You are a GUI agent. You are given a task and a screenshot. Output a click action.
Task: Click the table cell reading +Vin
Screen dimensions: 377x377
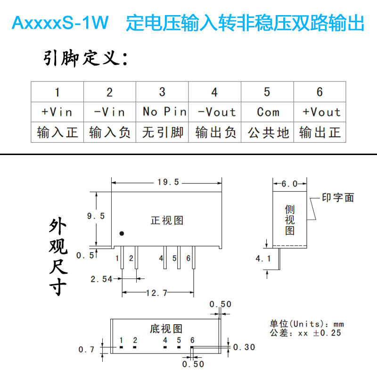coord(57,112)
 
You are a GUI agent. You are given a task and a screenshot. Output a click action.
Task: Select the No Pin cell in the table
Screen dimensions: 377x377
coord(162,112)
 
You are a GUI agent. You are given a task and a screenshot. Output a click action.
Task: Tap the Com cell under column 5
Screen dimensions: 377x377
coord(267,112)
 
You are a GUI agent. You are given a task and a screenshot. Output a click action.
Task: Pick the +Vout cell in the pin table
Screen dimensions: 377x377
coord(320,112)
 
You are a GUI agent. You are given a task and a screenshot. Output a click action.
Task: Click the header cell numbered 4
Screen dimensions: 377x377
coord(214,91)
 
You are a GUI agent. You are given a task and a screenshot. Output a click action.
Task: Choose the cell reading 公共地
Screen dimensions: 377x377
coord(267,132)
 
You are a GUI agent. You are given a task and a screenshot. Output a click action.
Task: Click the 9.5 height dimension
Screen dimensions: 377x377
coord(96,216)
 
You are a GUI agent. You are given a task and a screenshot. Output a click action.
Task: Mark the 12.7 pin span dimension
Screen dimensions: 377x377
coord(157,293)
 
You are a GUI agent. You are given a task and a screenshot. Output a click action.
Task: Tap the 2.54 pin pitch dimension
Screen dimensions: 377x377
coord(101,279)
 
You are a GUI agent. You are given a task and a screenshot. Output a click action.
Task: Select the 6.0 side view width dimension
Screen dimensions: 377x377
coord(289,184)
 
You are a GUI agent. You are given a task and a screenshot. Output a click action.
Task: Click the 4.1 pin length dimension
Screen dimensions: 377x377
coord(263,258)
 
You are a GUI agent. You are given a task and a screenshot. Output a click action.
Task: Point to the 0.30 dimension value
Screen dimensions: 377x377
coord(245,347)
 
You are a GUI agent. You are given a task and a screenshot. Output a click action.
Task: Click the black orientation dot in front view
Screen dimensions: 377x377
coord(122,233)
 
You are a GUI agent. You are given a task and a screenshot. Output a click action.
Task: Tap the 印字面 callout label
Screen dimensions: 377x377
coord(338,198)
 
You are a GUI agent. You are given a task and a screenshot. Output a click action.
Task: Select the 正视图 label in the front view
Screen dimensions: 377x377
coord(166,220)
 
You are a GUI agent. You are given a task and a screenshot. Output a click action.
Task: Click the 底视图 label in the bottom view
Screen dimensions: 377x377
coord(166,328)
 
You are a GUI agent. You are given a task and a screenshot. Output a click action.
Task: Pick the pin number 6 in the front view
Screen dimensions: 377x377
coord(188,258)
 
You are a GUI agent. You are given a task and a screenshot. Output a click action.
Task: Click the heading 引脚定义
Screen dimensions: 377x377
coord(85,59)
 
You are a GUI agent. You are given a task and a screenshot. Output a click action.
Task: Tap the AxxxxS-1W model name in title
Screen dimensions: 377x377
coord(60,23)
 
